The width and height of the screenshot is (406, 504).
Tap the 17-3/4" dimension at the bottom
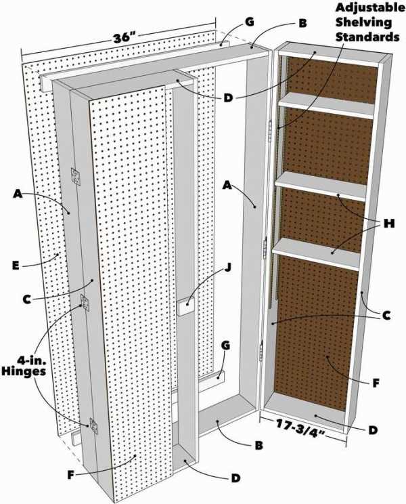[x=300, y=429]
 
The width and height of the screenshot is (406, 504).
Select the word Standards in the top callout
[x=367, y=37]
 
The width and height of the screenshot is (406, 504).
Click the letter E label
[x=16, y=266]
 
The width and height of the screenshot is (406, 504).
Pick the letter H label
[x=389, y=224]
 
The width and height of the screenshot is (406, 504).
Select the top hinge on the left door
[x=76, y=176]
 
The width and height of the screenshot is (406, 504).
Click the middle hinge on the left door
[x=85, y=302]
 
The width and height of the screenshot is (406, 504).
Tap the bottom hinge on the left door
[x=94, y=425]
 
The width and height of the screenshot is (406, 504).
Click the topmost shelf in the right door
[x=326, y=106]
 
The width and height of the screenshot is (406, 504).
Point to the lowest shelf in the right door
[x=316, y=254]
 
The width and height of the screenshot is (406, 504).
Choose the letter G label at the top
[x=249, y=22]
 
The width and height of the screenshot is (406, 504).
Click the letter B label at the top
[x=302, y=24]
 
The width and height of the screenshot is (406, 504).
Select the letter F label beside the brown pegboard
[x=376, y=383]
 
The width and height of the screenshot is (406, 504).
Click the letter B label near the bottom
[x=259, y=445]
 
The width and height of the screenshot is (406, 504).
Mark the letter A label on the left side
[x=18, y=194]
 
